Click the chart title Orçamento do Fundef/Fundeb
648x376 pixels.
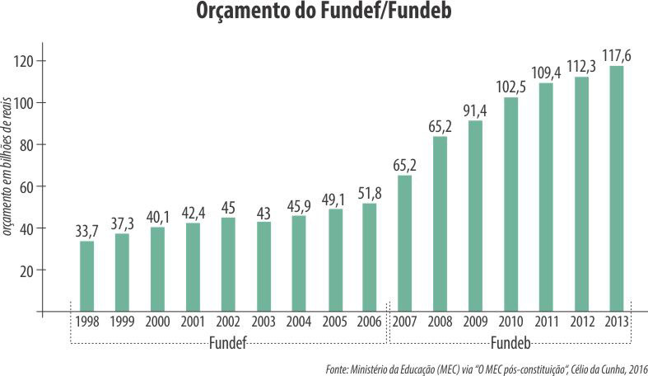click(324, 14)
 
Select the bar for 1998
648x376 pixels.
click(86, 276)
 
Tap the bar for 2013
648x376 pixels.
click(616, 189)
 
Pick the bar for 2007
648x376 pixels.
click(404, 243)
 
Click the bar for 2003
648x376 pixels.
click(263, 266)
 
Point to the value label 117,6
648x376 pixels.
click(616, 56)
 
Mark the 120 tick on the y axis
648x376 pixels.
click(28, 61)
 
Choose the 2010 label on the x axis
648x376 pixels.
click(510, 322)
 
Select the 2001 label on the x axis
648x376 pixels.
click(192, 322)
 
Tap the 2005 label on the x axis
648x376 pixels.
click(333, 322)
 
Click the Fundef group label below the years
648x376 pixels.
click(228, 341)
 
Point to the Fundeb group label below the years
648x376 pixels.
click(510, 341)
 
